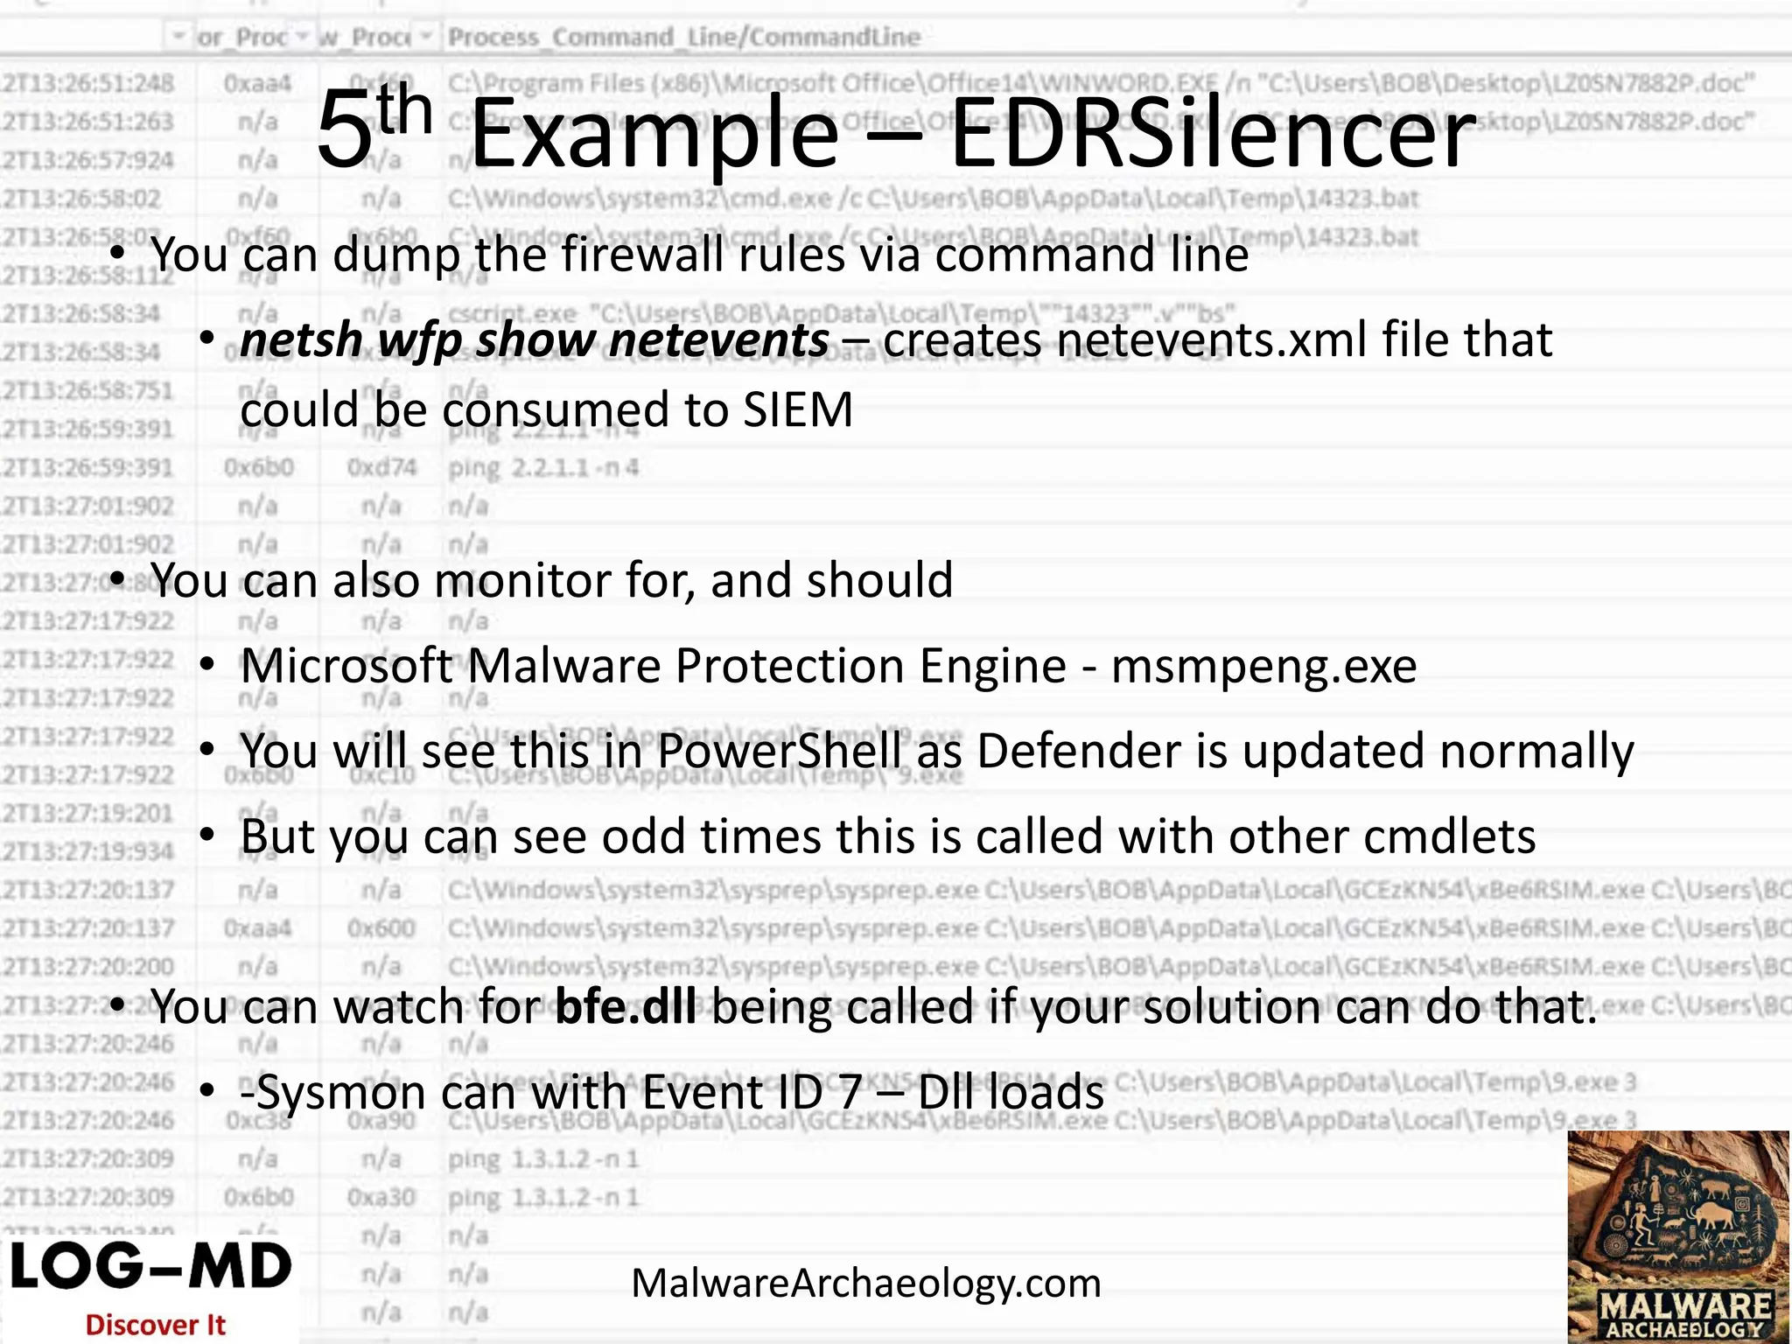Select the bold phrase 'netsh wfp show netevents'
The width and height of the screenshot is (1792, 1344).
tap(534, 339)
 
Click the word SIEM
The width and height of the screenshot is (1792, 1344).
tap(797, 409)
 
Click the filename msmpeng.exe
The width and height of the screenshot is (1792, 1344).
tap(1263, 667)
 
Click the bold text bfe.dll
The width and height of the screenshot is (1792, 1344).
tap(626, 1007)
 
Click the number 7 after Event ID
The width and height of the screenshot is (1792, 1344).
tap(849, 1093)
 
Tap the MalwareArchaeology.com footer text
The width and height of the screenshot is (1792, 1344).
tap(865, 1284)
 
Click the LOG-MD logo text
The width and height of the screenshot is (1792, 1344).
tap(150, 1268)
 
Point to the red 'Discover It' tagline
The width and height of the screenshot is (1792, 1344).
tap(155, 1325)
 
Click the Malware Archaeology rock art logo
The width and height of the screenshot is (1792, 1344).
tap(1677, 1235)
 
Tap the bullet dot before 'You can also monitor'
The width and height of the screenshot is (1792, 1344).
tap(118, 580)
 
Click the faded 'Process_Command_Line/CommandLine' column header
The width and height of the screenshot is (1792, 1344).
tap(683, 37)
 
